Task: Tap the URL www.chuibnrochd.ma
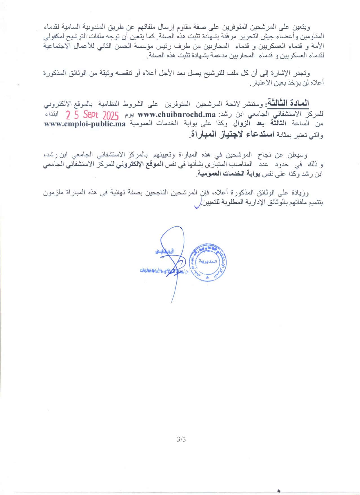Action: click(x=177, y=115)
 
